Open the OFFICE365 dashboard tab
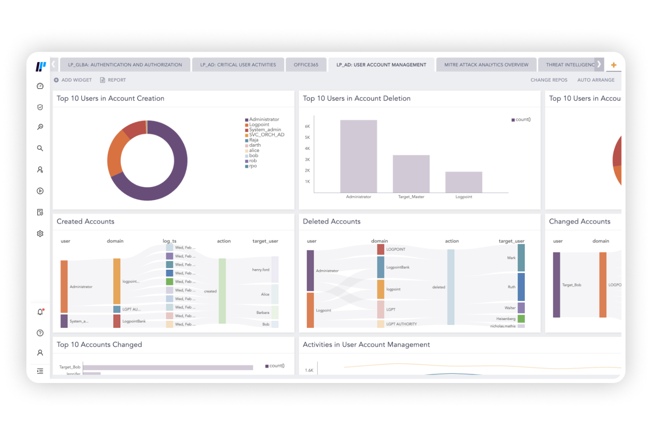306,65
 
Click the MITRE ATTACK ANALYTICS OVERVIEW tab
486,65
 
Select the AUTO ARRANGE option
596,80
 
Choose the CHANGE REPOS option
548,80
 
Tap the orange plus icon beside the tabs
613,65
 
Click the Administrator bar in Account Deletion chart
358,156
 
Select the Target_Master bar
411,174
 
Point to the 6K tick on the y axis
307,126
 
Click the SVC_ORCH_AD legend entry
266,135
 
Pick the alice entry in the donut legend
254,150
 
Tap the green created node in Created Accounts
222,291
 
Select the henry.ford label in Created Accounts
260,270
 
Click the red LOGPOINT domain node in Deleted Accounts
381,249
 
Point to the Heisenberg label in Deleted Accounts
505,319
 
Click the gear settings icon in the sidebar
40,234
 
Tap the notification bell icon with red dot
40,312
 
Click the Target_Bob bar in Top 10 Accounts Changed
167,367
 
